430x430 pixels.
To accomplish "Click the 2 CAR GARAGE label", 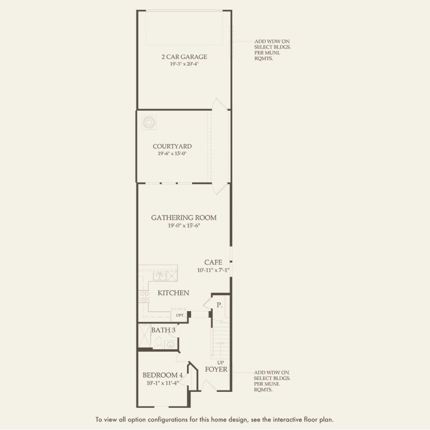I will click(184, 57).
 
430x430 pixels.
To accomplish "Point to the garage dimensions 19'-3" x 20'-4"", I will click(184, 64).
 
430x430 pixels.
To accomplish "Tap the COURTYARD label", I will click(172, 146).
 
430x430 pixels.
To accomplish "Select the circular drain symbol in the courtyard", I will click(149, 123).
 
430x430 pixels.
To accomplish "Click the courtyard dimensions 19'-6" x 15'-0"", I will click(172, 153).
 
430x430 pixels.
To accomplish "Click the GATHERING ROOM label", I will click(184, 218).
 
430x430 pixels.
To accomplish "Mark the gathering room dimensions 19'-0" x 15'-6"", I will click(184, 226).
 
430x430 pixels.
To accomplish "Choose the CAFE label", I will click(213, 262).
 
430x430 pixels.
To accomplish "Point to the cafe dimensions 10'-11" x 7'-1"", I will click(213, 270).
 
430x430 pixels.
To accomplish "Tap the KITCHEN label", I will click(173, 293).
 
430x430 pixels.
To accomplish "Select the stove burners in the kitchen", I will click(143, 296).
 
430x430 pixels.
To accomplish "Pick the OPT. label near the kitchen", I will click(180, 315).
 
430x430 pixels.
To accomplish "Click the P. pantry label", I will click(219, 305).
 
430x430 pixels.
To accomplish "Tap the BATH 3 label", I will click(163, 330).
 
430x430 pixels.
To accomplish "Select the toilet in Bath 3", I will click(159, 343).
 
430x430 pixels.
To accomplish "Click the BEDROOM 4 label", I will click(162, 375).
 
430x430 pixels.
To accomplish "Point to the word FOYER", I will click(216, 369).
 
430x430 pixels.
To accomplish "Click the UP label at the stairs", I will click(220, 362).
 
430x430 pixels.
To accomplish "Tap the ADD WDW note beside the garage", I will click(268, 50).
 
